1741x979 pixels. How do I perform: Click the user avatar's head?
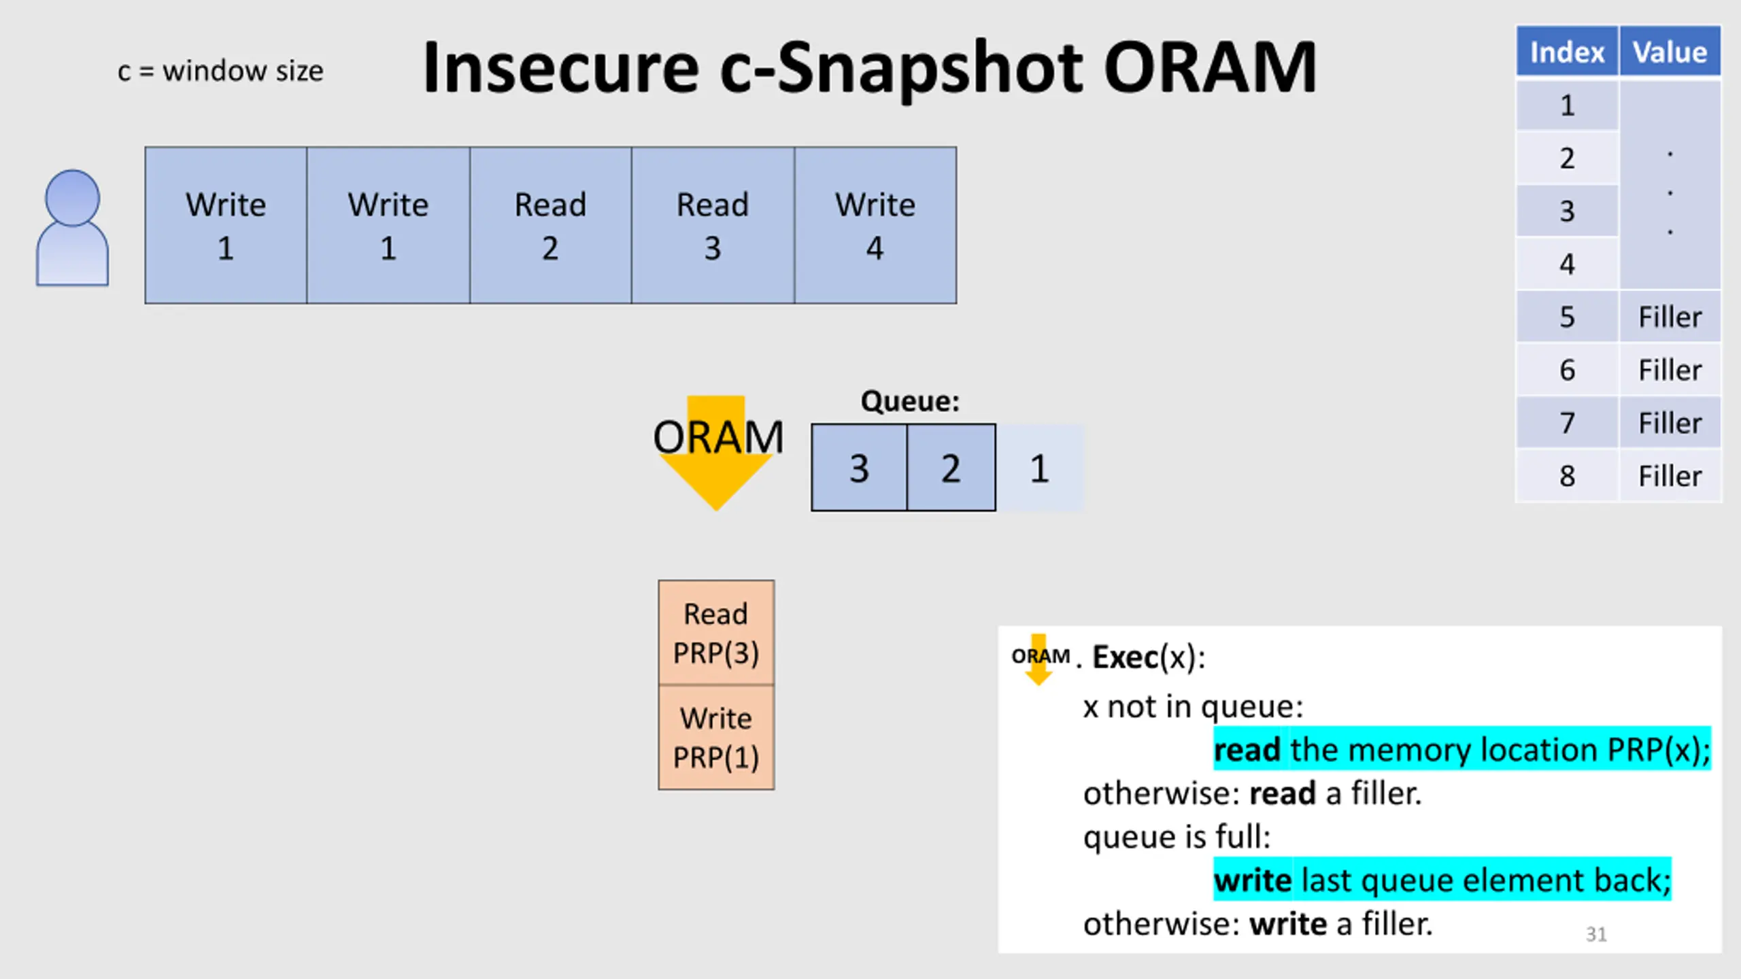(72, 197)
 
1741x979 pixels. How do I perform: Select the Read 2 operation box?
(550, 225)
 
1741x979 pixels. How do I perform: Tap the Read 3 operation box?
(713, 225)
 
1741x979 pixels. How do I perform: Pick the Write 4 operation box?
(875, 225)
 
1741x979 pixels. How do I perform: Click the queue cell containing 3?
(859, 467)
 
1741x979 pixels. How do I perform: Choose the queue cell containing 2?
(951, 467)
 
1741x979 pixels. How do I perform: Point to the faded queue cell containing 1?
(1040, 467)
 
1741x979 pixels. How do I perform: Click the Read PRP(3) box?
(716, 632)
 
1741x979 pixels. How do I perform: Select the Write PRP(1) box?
(716, 737)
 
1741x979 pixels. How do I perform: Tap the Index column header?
(1567, 52)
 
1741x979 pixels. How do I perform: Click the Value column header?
(1670, 52)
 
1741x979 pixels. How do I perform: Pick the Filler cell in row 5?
(1670, 317)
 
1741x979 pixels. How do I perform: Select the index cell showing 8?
(1567, 476)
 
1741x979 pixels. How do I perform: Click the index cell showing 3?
(1567, 211)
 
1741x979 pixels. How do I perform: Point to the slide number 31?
(1596, 934)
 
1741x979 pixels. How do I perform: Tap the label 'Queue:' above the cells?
(910, 401)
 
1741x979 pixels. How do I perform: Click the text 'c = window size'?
(220, 71)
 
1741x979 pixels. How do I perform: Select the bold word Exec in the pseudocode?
(1125, 657)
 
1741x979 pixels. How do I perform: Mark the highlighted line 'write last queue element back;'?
(1442, 880)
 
